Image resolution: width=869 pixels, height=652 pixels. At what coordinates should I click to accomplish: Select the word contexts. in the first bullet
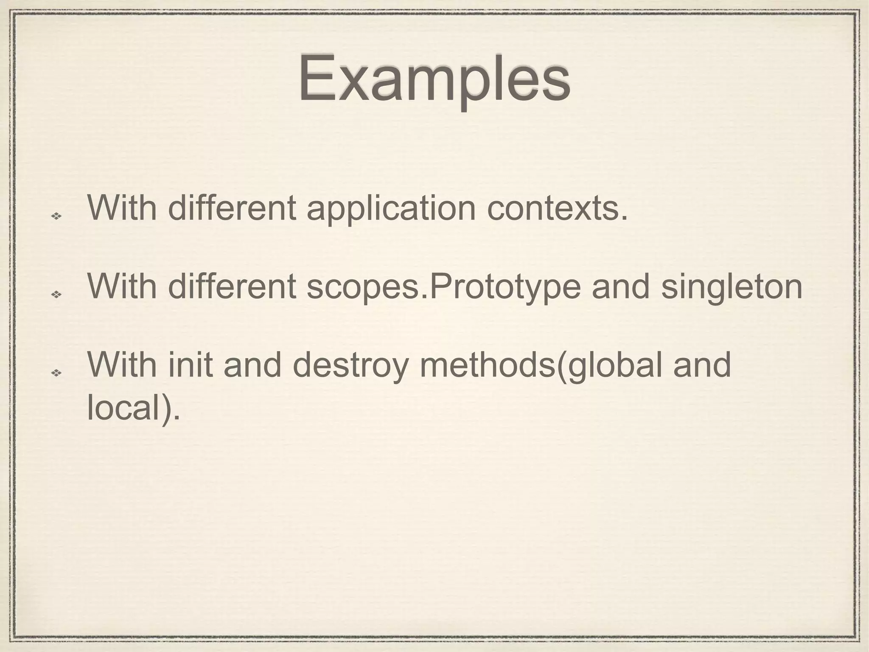coord(557,209)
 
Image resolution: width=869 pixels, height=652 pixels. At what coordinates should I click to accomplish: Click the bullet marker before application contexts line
coord(56,216)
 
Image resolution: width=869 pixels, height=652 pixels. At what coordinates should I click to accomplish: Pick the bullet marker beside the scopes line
coord(56,294)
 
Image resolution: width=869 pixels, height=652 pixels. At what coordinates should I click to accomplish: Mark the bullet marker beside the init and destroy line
coord(56,373)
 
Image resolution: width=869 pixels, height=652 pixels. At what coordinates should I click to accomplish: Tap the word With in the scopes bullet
coord(122,286)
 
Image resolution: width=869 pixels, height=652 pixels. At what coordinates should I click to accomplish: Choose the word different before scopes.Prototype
coord(232,286)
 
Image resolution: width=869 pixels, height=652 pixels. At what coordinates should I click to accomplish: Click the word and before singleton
coord(620,286)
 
